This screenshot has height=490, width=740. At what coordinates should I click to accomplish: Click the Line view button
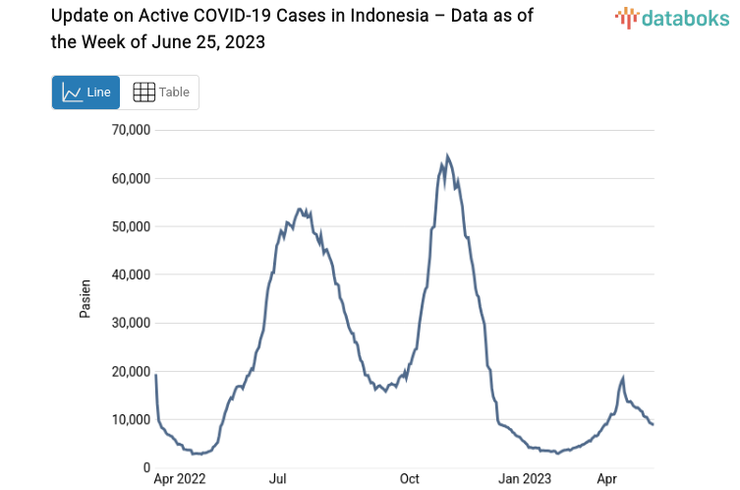[x=85, y=92]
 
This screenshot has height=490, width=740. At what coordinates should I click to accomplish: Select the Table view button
[x=161, y=92]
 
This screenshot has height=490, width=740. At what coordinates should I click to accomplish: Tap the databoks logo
[x=670, y=18]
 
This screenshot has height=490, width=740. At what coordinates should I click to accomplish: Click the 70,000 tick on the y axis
[x=129, y=130]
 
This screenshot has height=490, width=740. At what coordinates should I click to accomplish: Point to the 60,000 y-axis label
[x=129, y=178]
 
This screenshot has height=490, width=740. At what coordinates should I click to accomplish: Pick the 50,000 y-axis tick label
[x=129, y=226]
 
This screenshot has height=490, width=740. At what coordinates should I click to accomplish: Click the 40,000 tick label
[x=129, y=275]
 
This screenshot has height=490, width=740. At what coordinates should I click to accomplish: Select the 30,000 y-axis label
[x=129, y=323]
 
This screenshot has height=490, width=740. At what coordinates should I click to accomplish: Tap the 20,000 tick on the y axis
[x=129, y=371]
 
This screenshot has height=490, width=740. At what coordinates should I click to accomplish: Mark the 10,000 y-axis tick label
[x=129, y=420]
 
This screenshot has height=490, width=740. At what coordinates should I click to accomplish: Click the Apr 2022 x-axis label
[x=179, y=479]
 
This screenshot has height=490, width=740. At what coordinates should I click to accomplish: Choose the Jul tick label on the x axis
[x=278, y=479]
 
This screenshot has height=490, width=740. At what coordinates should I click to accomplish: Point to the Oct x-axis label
[x=410, y=479]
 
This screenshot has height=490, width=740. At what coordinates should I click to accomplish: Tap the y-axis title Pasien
[x=85, y=299]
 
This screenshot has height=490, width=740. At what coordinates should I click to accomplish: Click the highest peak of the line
[x=447, y=155]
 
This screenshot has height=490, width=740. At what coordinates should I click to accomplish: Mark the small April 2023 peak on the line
[x=623, y=378]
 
